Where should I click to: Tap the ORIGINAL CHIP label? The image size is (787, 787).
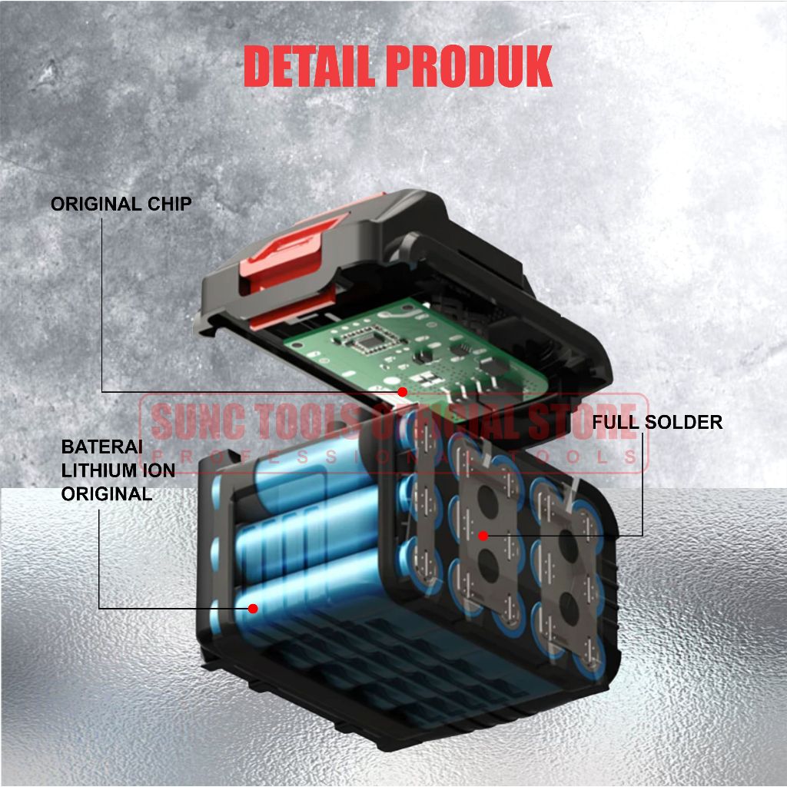[121, 204]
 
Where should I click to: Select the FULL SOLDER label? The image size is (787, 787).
[657, 422]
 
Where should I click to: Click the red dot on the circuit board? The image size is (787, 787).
[402, 392]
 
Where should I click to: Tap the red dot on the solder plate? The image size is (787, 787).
[483, 534]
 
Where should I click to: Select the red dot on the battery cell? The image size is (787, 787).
[252, 608]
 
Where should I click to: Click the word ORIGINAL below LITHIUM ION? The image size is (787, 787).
[107, 494]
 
